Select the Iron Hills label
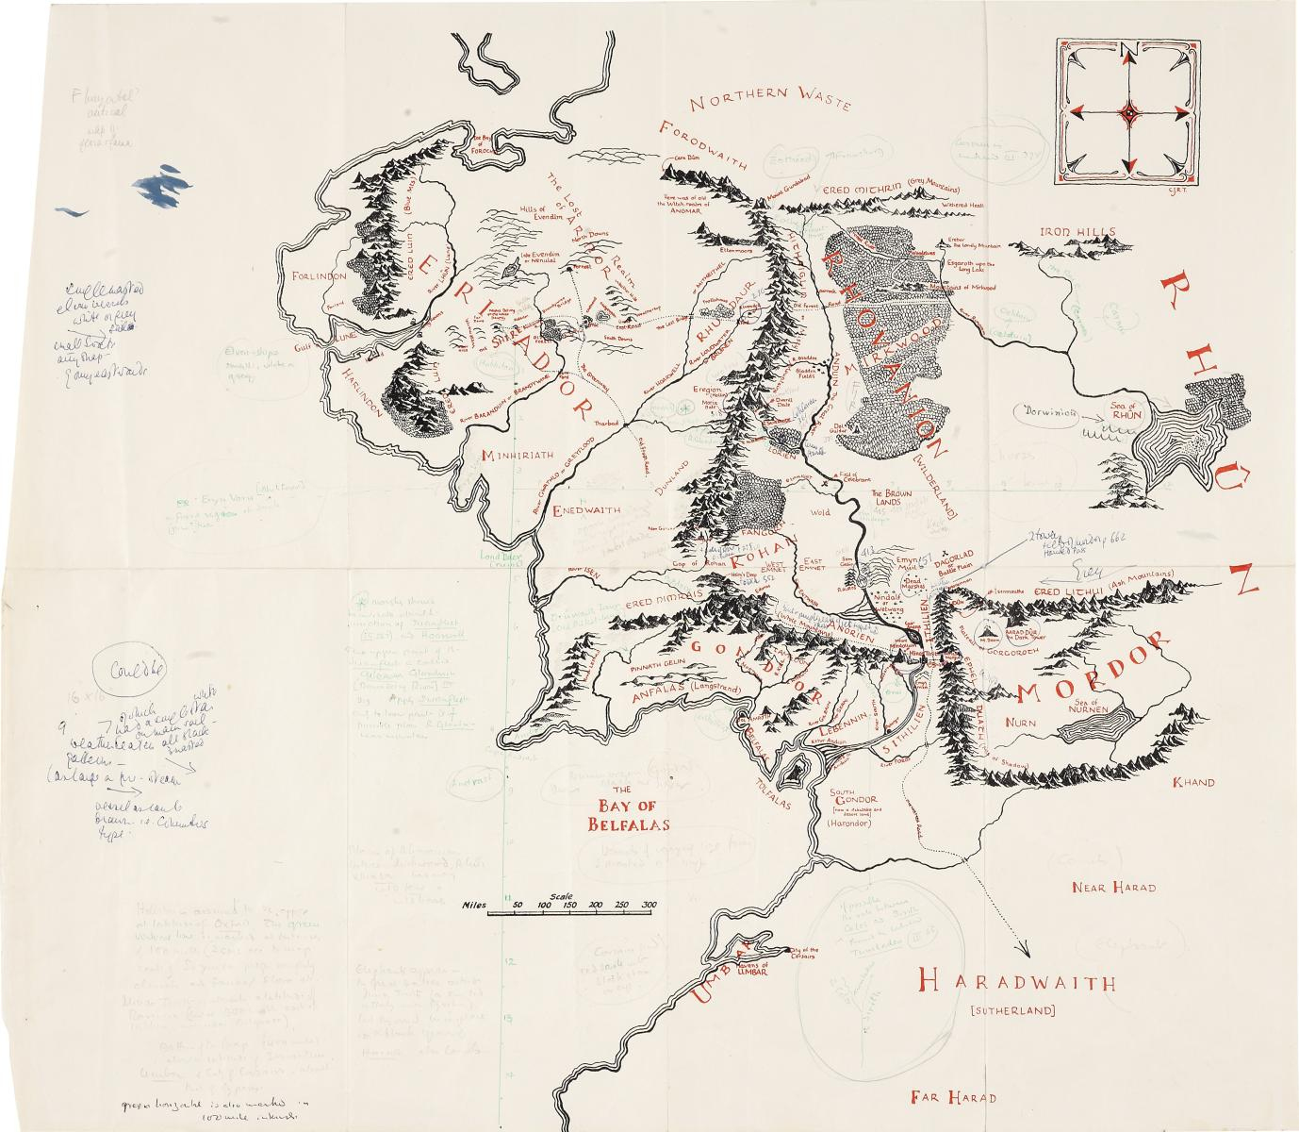(1077, 232)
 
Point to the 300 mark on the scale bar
(649, 905)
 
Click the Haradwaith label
(1012, 983)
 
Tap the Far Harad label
(953, 1097)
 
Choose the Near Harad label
(1113, 888)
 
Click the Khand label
(1192, 783)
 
